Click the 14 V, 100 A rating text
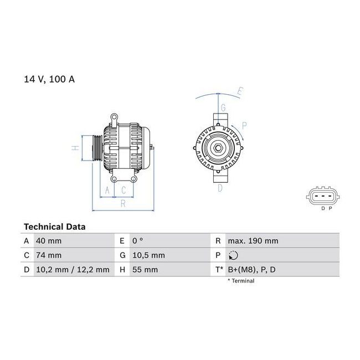pyautogui.click(x=49, y=79)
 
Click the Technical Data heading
pyautogui.click(x=55, y=227)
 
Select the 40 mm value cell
pyautogui.click(x=49, y=241)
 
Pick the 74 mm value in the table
pyautogui.click(x=49, y=255)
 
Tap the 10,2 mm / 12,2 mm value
pyautogui.click(x=73, y=270)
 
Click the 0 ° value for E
pyautogui.click(x=137, y=241)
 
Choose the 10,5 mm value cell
pyautogui.click(x=148, y=255)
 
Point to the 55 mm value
pyautogui.click(x=145, y=270)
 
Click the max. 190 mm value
pyautogui.click(x=253, y=241)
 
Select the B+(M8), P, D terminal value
pyautogui.click(x=251, y=270)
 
